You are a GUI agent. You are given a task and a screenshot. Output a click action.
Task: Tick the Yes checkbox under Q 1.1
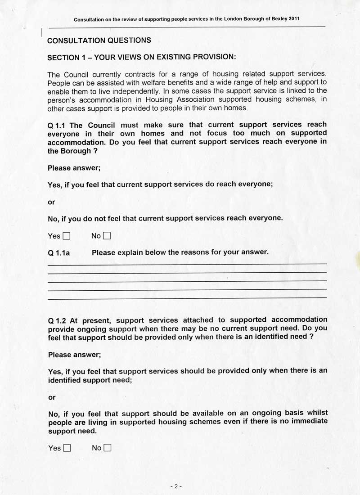67,236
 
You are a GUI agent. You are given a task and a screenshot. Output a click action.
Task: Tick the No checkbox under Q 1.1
107,236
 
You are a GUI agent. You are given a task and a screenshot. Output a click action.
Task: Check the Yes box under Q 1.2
67,448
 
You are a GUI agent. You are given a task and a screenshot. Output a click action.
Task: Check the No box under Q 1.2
107,448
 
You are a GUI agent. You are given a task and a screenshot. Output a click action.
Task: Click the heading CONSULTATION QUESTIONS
99,40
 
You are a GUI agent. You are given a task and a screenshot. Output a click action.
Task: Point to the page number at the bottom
176,486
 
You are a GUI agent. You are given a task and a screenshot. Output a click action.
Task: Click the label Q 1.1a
58,253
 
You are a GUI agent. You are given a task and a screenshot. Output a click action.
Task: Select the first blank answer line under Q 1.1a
187,264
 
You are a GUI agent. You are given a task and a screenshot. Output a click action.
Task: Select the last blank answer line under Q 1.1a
187,298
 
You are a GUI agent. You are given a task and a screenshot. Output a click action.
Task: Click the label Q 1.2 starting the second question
57,321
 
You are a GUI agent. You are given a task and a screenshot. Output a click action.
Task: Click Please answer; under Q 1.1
74,168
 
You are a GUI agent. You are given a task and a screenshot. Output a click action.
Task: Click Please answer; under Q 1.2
74,355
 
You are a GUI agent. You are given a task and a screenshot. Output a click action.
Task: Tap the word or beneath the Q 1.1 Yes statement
51,202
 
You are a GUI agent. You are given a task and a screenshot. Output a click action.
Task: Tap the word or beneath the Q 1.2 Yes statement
52,397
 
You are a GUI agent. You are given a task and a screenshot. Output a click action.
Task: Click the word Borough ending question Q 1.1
75,151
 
